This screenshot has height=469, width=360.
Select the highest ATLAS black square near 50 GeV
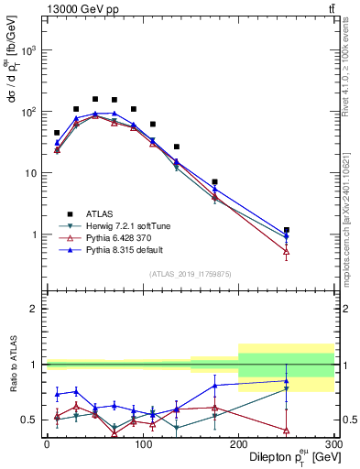click(x=95, y=99)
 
